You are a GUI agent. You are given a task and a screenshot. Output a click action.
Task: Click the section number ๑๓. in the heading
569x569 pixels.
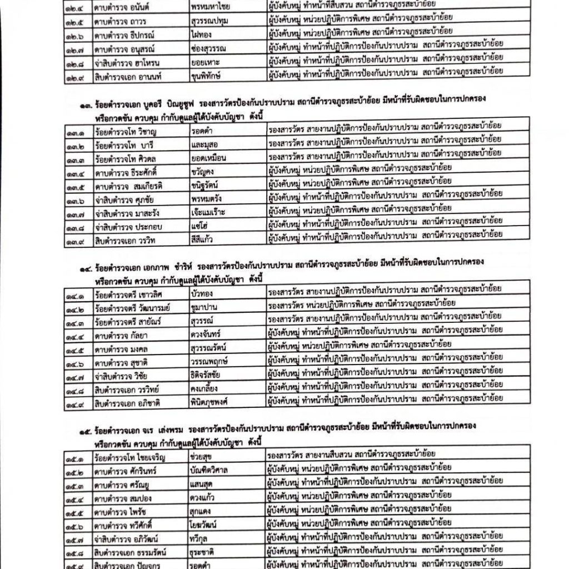(x=82, y=99)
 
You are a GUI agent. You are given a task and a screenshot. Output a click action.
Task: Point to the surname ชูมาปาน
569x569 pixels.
(x=204, y=305)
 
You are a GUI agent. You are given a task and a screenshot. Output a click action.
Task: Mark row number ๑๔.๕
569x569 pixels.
(x=74, y=343)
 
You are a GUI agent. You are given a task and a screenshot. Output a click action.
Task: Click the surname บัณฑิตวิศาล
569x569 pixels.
(x=212, y=471)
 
